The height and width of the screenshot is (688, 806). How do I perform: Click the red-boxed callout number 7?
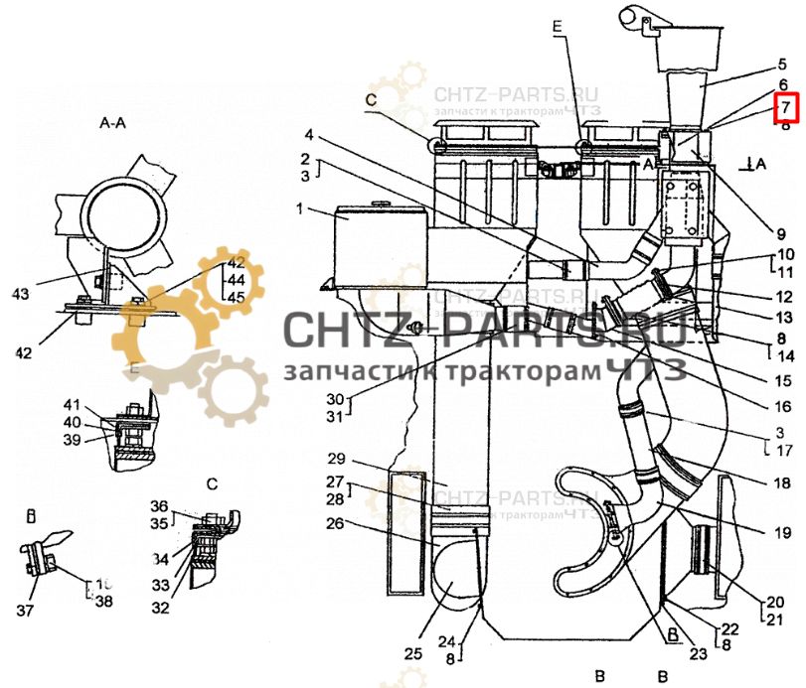[784, 106]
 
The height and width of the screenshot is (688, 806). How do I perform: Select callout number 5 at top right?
[782, 65]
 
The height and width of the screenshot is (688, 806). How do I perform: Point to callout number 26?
[335, 522]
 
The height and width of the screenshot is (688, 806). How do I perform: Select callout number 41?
[71, 404]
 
